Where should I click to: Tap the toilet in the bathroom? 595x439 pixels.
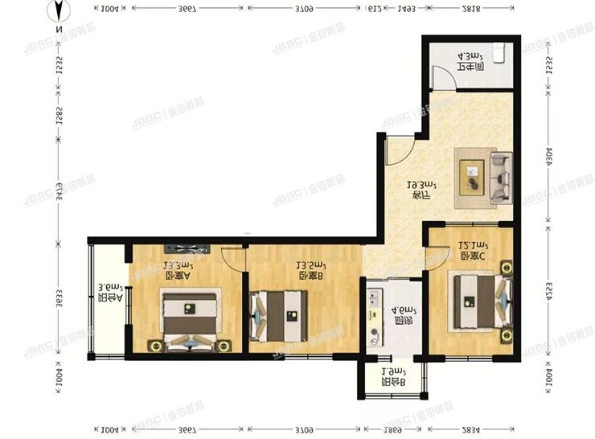tap(499, 53)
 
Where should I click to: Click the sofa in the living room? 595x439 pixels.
tap(500, 177)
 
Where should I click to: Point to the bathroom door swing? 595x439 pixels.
tap(441, 78)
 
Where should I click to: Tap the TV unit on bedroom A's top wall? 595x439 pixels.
tap(187, 248)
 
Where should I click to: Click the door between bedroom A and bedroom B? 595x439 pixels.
tap(234, 260)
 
